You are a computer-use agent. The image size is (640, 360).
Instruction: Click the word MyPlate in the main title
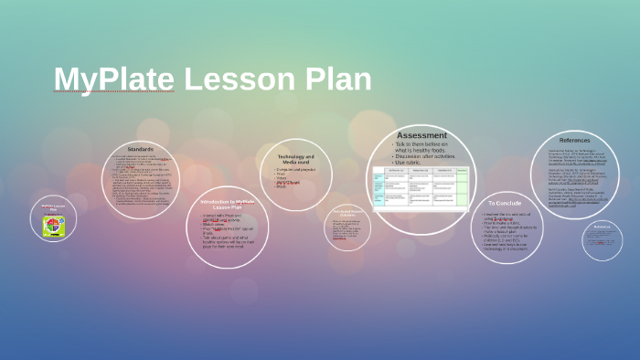[114, 79]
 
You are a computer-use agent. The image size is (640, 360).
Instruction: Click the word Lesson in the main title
[241, 79]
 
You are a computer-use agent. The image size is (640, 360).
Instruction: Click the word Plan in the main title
[338, 79]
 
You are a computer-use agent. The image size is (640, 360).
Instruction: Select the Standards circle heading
[140, 149]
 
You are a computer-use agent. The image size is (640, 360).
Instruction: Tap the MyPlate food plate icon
[53, 225]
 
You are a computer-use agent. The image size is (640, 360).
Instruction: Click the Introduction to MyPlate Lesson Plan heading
[227, 204]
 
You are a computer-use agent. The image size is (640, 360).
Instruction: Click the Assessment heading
[421, 135]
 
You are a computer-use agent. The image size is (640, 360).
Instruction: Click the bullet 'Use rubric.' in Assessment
[412, 162]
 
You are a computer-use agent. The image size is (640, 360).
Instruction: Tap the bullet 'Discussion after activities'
[425, 155]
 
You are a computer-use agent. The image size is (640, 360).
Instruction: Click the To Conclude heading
[504, 203]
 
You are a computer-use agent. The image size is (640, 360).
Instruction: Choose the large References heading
[574, 140]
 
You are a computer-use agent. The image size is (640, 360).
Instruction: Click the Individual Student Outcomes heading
[347, 213]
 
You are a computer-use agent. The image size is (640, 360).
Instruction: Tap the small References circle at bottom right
[602, 239]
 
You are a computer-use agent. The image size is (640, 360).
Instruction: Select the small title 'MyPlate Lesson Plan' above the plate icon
[53, 208]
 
